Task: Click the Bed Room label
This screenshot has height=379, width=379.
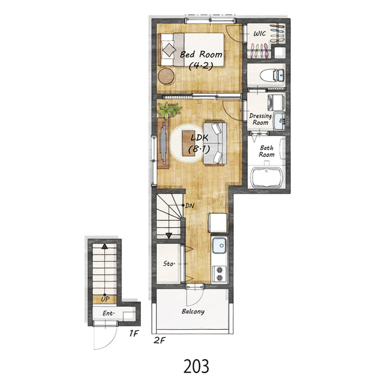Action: (201, 54)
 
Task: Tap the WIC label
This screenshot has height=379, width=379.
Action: (259, 33)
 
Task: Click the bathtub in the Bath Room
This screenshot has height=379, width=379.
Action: (266, 177)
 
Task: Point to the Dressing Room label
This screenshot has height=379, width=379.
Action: (261, 119)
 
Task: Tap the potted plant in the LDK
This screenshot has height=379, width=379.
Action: (169, 110)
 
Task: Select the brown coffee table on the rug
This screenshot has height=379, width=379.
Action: (188, 143)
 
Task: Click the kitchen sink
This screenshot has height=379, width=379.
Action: (219, 245)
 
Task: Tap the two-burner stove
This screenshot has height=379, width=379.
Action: (220, 274)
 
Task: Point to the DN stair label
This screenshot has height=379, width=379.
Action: (189, 206)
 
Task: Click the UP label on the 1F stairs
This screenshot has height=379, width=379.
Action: (105, 299)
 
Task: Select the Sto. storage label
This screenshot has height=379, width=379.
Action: (169, 264)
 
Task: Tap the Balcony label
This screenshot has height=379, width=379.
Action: (193, 311)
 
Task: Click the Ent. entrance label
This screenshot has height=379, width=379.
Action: (108, 313)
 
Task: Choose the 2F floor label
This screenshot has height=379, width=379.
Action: (159, 341)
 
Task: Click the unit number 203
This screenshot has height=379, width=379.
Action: (196, 367)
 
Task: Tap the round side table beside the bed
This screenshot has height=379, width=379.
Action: (166, 76)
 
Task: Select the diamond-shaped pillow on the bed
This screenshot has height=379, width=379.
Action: (169, 50)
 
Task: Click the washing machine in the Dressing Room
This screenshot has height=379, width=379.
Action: (275, 102)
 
